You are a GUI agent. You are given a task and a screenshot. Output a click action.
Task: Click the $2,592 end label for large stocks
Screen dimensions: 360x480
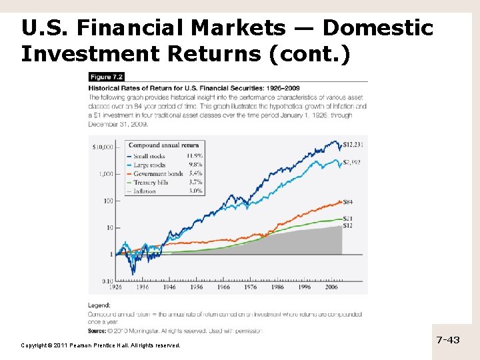[353, 162]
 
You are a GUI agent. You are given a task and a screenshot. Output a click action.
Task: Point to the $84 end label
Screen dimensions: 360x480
[347, 202]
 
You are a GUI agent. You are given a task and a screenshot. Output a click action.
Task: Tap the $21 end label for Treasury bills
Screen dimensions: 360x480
[347, 218]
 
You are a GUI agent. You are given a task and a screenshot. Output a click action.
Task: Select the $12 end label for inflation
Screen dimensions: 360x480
[347, 225]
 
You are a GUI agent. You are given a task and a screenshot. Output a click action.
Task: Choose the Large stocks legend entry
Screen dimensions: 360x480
[149, 165]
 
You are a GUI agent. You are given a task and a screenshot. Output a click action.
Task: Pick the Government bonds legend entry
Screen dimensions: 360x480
[158, 173]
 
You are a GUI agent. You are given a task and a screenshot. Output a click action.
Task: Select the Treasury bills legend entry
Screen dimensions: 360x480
[151, 182]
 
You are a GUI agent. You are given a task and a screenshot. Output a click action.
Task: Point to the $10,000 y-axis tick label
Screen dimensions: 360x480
[103, 147]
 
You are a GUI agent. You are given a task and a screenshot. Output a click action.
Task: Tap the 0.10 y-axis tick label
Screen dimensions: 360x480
[108, 281]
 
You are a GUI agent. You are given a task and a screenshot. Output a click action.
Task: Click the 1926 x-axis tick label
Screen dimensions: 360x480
[116, 287]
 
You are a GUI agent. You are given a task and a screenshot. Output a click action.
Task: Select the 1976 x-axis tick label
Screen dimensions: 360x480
[250, 287]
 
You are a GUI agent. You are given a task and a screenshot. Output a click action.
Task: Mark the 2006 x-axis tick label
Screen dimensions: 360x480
[331, 287]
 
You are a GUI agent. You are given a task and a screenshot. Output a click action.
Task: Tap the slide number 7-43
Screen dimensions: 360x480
[448, 340]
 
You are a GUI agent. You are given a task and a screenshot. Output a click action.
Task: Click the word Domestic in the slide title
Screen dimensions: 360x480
[377, 28]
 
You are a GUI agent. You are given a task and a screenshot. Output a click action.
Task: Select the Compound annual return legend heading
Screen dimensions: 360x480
[163, 145]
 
